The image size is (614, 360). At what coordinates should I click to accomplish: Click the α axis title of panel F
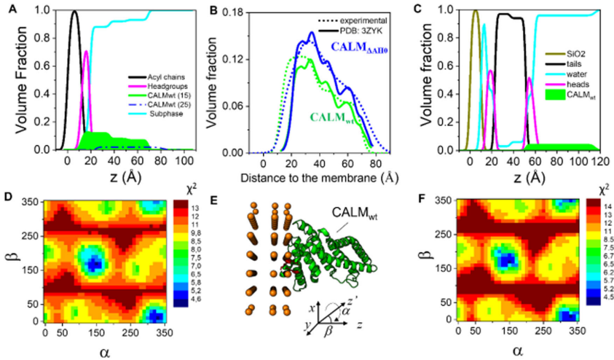point(519,351)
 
